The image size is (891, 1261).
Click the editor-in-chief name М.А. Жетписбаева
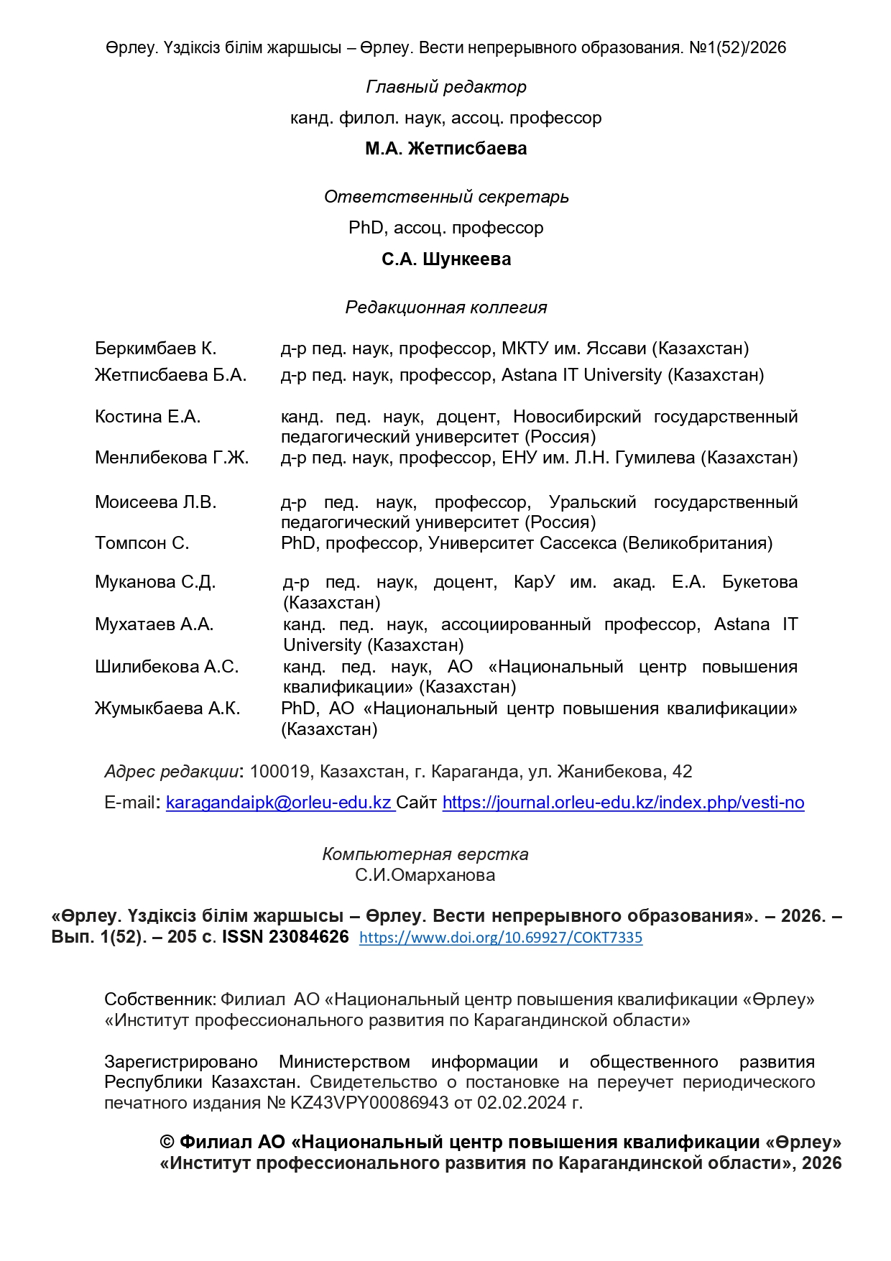pos(445,149)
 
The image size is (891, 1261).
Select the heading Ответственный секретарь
pos(445,197)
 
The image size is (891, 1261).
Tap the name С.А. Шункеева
pos(445,259)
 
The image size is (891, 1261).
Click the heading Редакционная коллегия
pos(445,308)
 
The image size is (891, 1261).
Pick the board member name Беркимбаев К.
pos(155,348)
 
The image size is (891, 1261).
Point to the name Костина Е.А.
pos(147,417)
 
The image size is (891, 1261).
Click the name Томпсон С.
pos(142,543)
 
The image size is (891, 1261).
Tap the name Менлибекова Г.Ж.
pos(172,458)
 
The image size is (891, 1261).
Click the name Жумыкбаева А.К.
pos(167,708)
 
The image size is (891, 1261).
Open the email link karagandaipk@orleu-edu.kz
pos(279,803)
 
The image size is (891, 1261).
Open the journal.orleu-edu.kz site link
pos(623,803)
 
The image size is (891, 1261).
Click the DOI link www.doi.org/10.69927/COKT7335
pos(501,938)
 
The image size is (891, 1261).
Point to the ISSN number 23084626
pos(308,937)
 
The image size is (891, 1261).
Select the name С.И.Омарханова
pos(425,875)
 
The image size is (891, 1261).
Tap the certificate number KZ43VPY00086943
pos(369,1103)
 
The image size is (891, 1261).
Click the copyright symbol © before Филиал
pos(167,1142)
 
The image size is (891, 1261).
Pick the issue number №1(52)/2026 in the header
pos(737,48)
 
